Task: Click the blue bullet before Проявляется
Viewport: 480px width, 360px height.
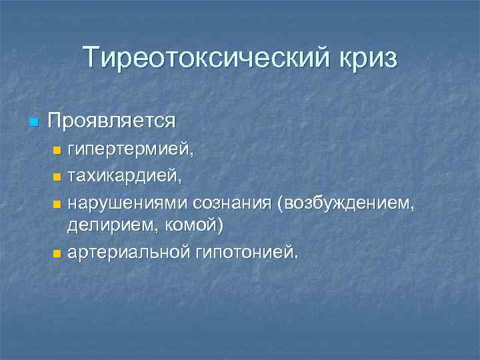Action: [34, 122]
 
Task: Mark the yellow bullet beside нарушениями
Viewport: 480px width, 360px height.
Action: [57, 202]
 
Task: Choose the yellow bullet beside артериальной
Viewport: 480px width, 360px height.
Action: [57, 253]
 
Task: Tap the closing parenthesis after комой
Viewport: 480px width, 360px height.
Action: [220, 227]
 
